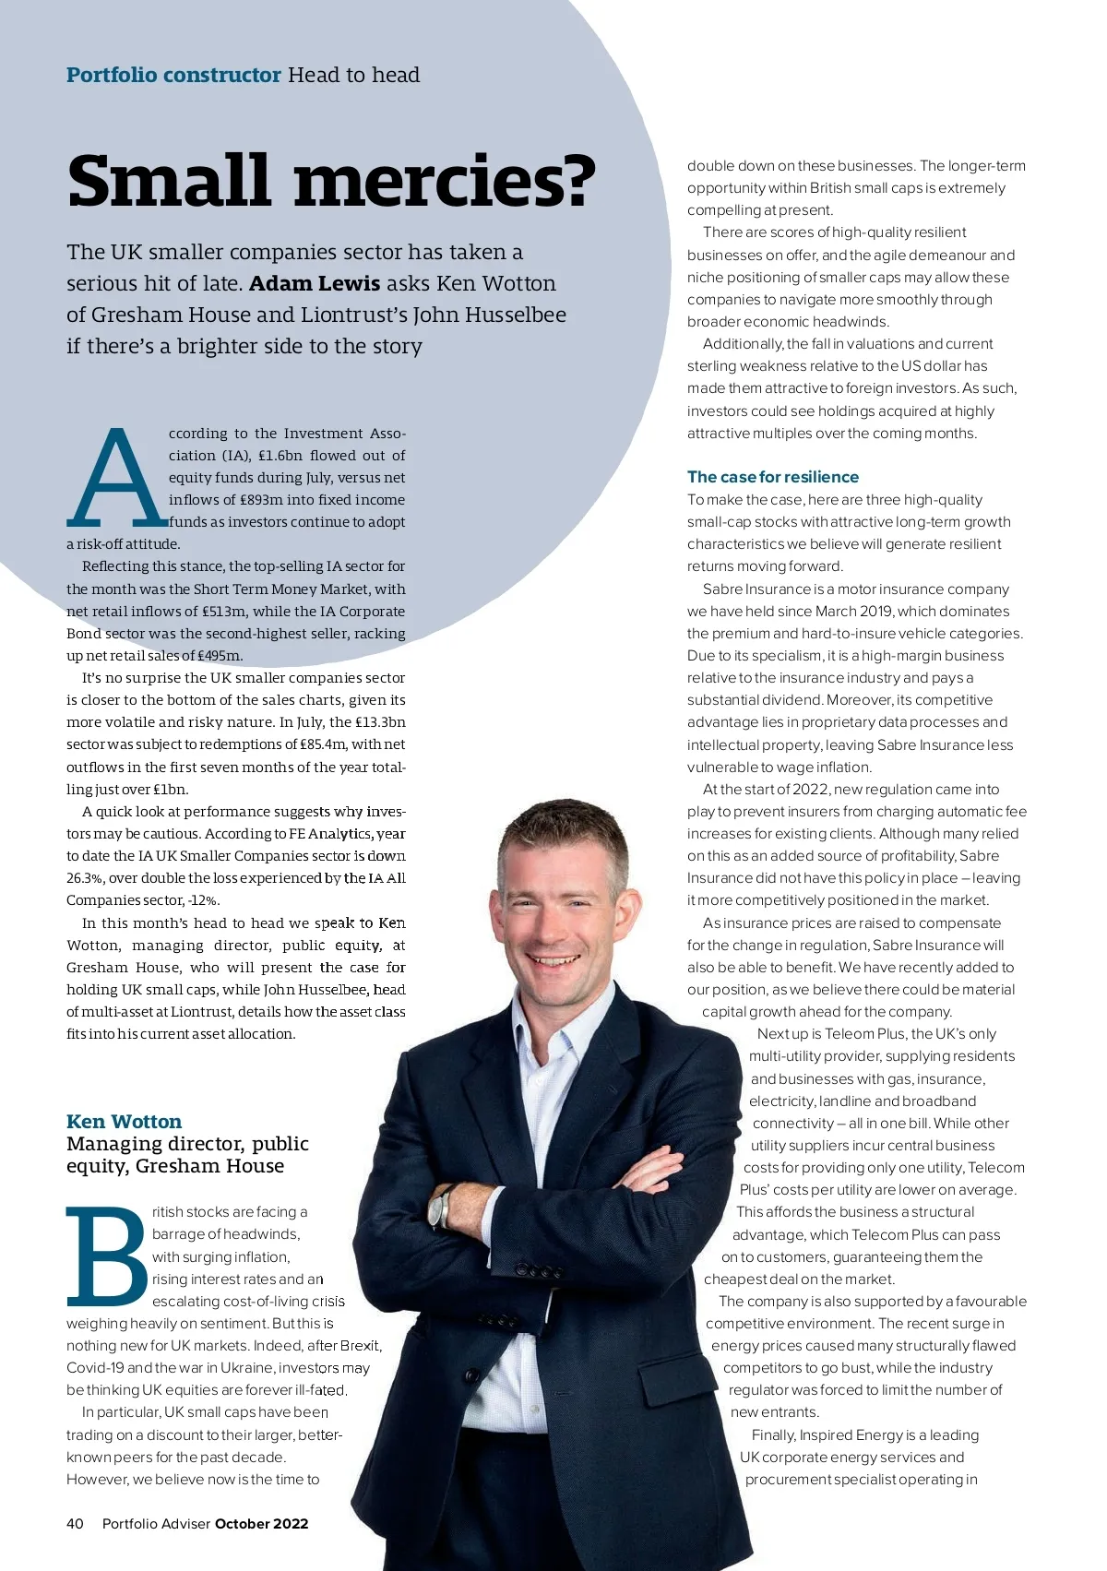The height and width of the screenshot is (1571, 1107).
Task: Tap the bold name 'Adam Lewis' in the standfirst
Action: click(x=315, y=283)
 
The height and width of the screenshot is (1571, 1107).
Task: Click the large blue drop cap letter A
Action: click(x=115, y=476)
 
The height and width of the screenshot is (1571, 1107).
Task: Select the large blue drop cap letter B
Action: click(x=106, y=1256)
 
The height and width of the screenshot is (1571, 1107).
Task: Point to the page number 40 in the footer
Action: click(x=75, y=1523)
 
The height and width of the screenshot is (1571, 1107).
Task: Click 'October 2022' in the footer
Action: click(x=261, y=1523)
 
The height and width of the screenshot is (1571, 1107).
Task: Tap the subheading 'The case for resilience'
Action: click(x=772, y=477)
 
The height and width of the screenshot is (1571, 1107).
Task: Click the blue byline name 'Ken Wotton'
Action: click(x=124, y=1122)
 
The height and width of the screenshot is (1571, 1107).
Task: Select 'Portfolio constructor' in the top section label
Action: click(x=173, y=75)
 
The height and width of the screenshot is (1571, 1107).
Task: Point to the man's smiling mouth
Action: click(x=554, y=961)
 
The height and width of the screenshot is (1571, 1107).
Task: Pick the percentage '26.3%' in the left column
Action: click(x=85, y=878)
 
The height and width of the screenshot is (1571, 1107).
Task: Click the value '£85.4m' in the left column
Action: click(x=324, y=744)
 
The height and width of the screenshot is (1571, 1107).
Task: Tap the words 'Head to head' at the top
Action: click(x=353, y=75)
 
